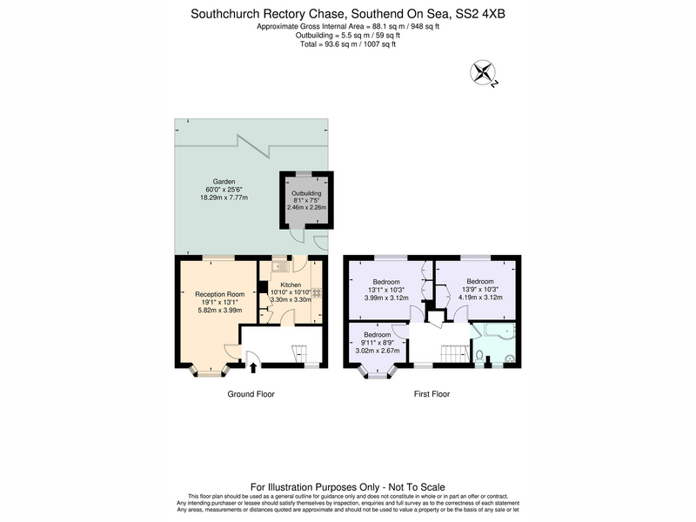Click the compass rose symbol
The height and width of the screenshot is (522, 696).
(x=483, y=72)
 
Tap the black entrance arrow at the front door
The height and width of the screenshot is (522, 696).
(x=253, y=367)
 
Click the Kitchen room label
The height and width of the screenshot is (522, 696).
(x=291, y=285)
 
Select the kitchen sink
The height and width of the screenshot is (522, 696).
(x=280, y=266)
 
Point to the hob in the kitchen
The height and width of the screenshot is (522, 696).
(x=317, y=293)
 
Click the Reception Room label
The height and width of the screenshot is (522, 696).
(x=220, y=294)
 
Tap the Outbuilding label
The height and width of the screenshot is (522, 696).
(x=306, y=193)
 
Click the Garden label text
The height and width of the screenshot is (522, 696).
(x=224, y=182)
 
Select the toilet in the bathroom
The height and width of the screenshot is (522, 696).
(x=479, y=356)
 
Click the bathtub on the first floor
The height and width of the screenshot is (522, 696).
(x=499, y=331)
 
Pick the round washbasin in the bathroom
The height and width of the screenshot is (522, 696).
(x=510, y=358)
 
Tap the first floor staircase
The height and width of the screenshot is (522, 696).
(x=455, y=354)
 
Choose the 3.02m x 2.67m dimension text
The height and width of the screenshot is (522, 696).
(x=378, y=351)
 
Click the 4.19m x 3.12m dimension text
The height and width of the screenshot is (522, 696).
(x=480, y=298)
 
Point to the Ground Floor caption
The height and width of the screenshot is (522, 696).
(x=251, y=394)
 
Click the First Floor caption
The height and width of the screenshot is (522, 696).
(x=432, y=394)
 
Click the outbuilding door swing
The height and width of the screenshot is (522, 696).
(x=298, y=235)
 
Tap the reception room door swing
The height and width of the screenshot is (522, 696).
(x=232, y=352)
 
